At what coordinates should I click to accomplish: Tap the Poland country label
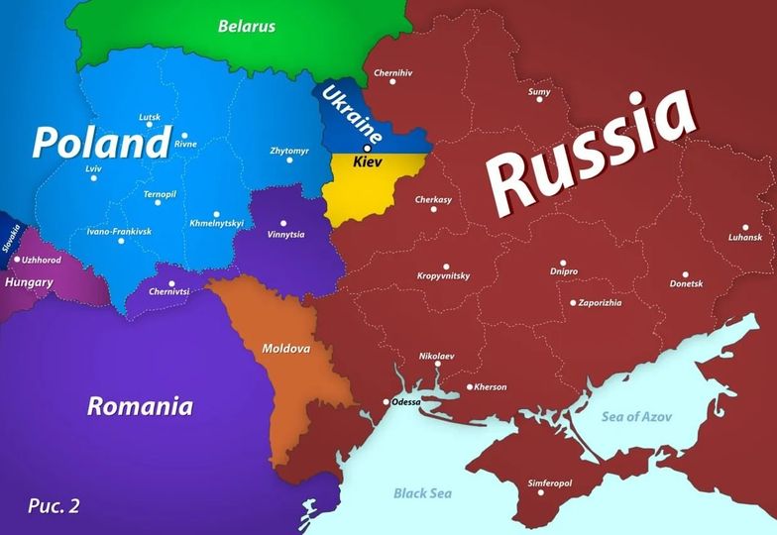pos(101,142)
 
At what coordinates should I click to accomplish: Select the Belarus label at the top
pos(247,26)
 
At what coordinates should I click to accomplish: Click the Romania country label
pos(140,405)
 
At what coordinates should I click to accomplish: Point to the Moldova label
pos(286,349)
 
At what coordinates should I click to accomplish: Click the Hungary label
pos(29,282)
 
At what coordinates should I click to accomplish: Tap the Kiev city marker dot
pos(368,148)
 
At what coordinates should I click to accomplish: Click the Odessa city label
pos(406,402)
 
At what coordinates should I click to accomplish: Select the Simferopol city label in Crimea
pos(550,483)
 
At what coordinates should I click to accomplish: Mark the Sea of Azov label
pos(636,416)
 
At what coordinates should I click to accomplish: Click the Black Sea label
pos(424,492)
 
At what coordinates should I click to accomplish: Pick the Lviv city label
pos(94,168)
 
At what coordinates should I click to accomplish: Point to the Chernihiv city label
pos(392,73)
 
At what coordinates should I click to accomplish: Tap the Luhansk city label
pos(744,238)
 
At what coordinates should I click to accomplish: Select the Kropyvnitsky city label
pos(443,275)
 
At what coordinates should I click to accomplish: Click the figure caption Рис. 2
pos(54,505)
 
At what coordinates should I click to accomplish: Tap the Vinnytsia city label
pos(286,235)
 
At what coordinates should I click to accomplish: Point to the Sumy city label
pos(539,92)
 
